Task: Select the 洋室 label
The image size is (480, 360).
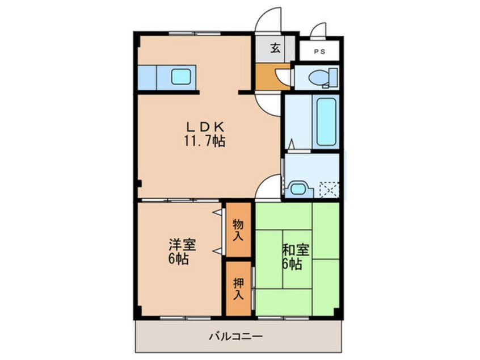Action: tap(182, 246)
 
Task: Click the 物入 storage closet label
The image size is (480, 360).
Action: tap(238, 229)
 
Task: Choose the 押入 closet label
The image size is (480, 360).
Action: tap(238, 288)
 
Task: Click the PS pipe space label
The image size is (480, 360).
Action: tap(319, 52)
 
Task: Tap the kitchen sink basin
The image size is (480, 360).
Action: tap(183, 77)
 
